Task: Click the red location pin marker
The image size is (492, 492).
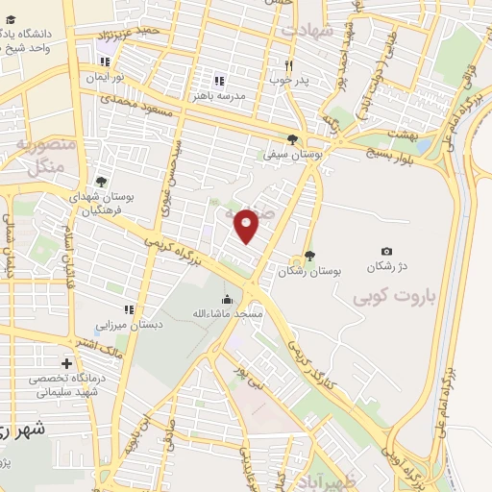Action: pyautogui.click(x=247, y=225)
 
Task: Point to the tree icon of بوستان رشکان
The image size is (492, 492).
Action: pyautogui.click(x=309, y=256)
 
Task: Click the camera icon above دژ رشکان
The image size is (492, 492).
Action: pyautogui.click(x=386, y=251)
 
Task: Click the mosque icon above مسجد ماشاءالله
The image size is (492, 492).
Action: pyautogui.click(x=227, y=300)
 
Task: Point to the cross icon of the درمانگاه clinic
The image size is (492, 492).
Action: pyautogui.click(x=66, y=363)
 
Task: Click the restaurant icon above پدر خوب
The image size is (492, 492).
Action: pyautogui.click(x=287, y=65)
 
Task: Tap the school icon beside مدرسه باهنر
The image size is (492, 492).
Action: pyautogui.click(x=219, y=82)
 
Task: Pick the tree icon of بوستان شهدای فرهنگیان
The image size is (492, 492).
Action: pyautogui.click(x=102, y=181)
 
